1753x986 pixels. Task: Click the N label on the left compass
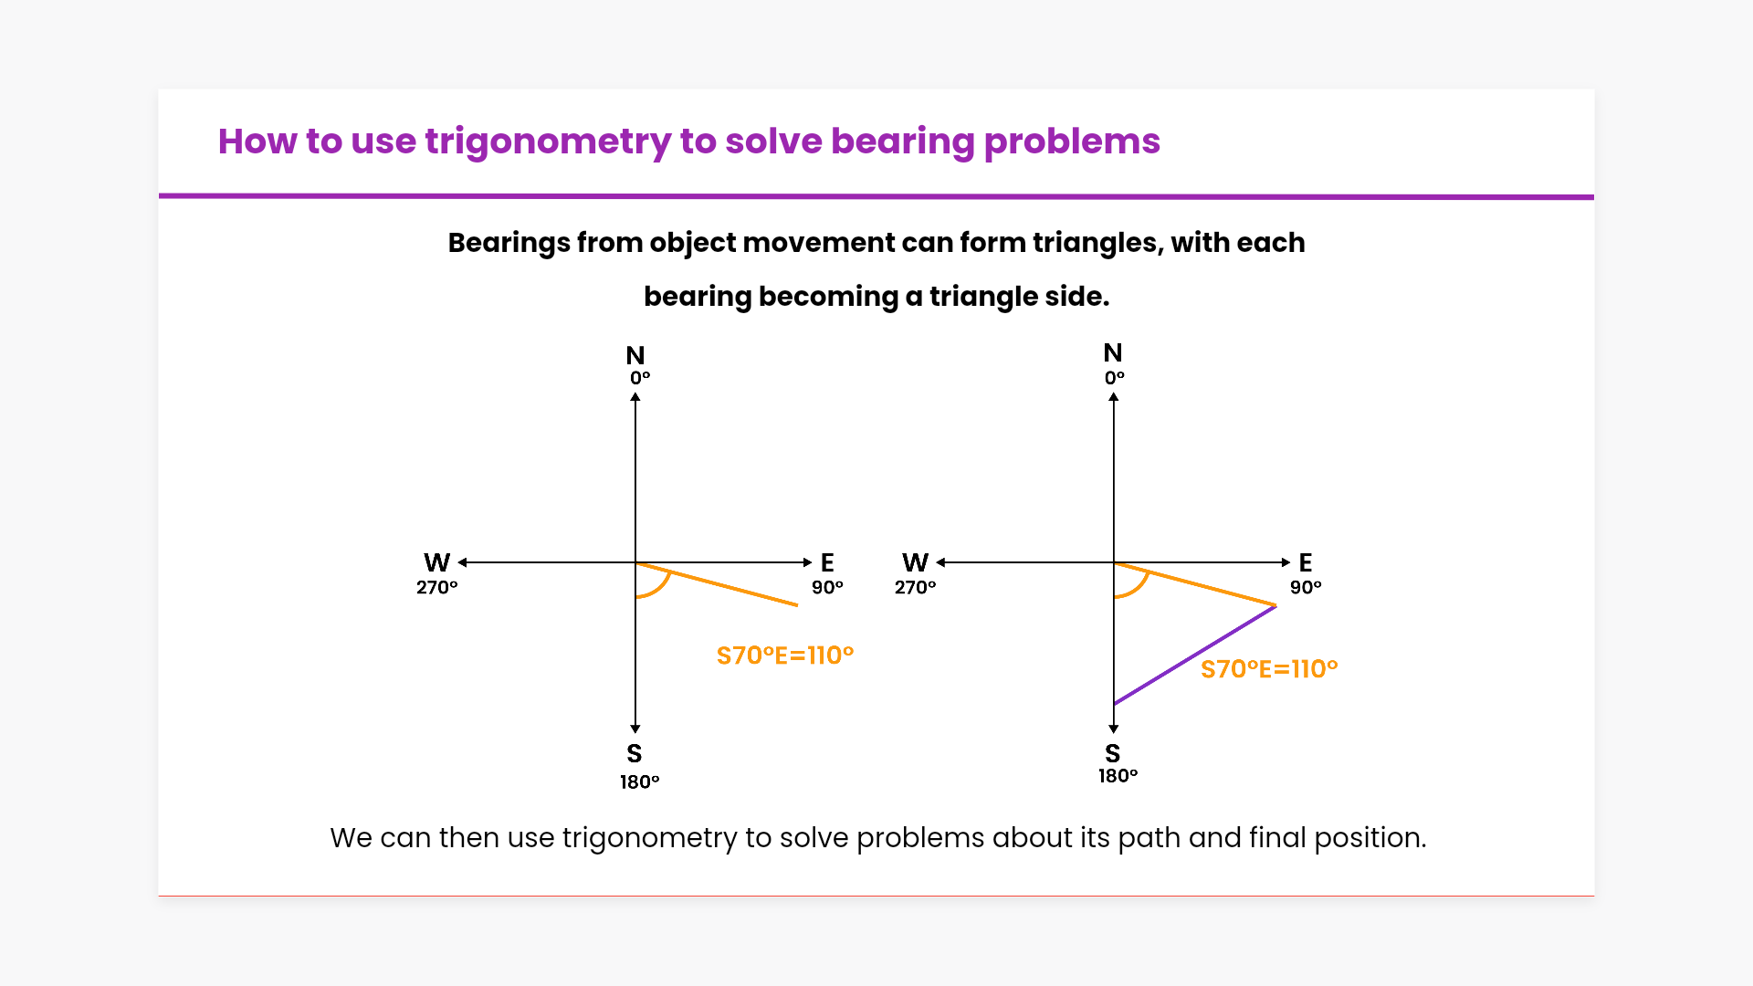635,355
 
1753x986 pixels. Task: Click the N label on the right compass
1113,352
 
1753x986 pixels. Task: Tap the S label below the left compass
635,753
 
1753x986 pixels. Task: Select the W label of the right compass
916,562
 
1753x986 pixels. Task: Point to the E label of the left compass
827,562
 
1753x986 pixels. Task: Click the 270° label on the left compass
437,587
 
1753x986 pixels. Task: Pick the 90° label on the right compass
1306,587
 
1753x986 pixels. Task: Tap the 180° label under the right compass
1118,776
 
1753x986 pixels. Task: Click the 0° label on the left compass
640,378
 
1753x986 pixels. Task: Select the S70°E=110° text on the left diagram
785,656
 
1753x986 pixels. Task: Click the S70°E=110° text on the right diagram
1269,669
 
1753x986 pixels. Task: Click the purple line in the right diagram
1195,655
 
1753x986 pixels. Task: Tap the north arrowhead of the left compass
635,396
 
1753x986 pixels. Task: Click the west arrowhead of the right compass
940,562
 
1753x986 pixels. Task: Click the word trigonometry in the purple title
548,142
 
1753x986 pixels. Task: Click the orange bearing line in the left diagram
717,584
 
